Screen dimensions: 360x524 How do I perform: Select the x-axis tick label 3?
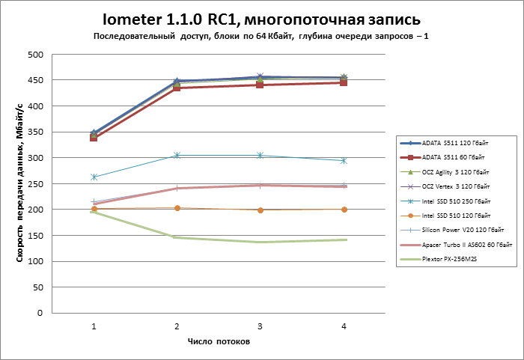tap(260, 326)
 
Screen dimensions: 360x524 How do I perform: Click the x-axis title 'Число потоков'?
tap(219, 342)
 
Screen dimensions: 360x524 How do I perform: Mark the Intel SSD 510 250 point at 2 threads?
tap(177, 155)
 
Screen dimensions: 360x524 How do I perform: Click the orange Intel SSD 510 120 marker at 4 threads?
tap(344, 210)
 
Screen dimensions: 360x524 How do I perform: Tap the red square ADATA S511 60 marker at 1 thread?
tap(94, 138)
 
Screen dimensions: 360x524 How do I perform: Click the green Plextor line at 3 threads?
tap(260, 242)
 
